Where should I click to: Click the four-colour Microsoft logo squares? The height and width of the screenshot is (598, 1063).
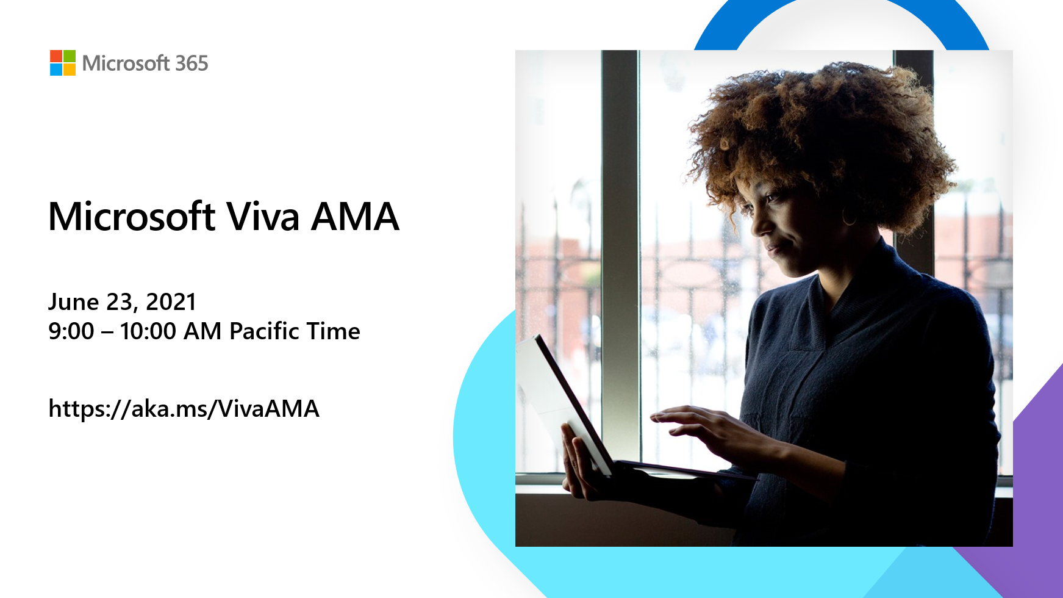tap(63, 63)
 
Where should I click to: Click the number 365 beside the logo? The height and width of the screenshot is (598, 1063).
tap(191, 63)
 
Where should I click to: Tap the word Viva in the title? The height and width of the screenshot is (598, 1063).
tap(263, 217)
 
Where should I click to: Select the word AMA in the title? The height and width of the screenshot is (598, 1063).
tap(354, 217)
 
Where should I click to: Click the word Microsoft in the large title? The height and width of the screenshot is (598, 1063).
tap(132, 217)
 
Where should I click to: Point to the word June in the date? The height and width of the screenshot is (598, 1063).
tap(73, 302)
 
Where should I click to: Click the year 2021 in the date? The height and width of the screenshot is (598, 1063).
tap(171, 302)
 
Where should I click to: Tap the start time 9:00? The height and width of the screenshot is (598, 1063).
tap(71, 331)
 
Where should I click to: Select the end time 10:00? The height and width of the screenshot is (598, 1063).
tap(148, 331)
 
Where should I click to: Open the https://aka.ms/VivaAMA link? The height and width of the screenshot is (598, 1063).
tap(184, 409)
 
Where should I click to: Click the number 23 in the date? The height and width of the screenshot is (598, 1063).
tap(119, 302)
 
